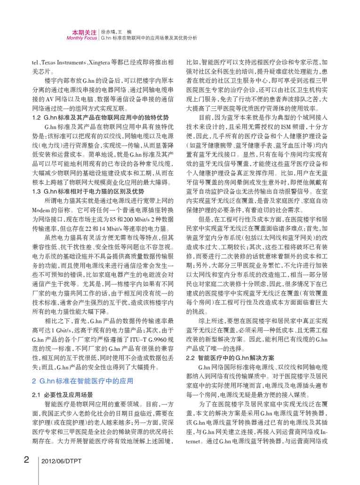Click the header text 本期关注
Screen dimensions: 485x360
tap(84, 32)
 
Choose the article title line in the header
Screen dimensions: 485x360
tap(149, 38)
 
